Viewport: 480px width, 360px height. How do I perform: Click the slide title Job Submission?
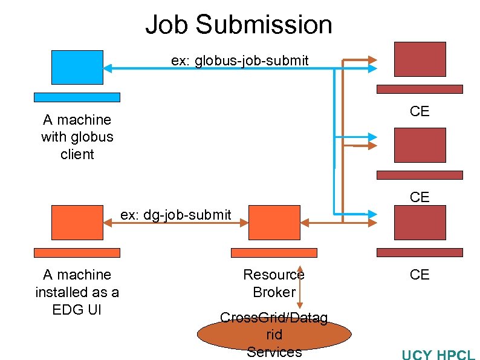pyautogui.click(x=239, y=25)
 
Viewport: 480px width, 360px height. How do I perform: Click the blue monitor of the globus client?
pyautogui.click(x=77, y=67)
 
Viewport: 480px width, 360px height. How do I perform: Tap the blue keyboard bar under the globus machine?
pyautogui.click(x=77, y=97)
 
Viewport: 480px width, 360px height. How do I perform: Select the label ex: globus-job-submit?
pyautogui.click(x=239, y=61)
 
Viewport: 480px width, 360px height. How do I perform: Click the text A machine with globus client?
pyautogui.click(x=77, y=137)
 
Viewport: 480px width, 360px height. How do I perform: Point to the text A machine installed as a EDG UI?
pyautogui.click(x=77, y=292)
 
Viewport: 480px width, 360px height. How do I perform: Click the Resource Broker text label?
pyautogui.click(x=274, y=283)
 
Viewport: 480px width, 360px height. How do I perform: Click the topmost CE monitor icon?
pyautogui.click(x=420, y=59)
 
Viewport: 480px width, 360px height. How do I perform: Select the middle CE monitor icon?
pyautogui.click(x=420, y=145)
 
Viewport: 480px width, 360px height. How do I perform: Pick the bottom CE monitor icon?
pyautogui.click(x=420, y=223)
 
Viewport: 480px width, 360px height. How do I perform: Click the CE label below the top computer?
pyautogui.click(x=420, y=111)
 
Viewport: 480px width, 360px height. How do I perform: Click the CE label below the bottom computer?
pyautogui.click(x=420, y=275)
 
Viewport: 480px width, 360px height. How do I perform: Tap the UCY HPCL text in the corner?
pyautogui.click(x=438, y=355)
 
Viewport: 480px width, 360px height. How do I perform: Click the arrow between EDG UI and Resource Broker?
pyautogui.click(x=175, y=223)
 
